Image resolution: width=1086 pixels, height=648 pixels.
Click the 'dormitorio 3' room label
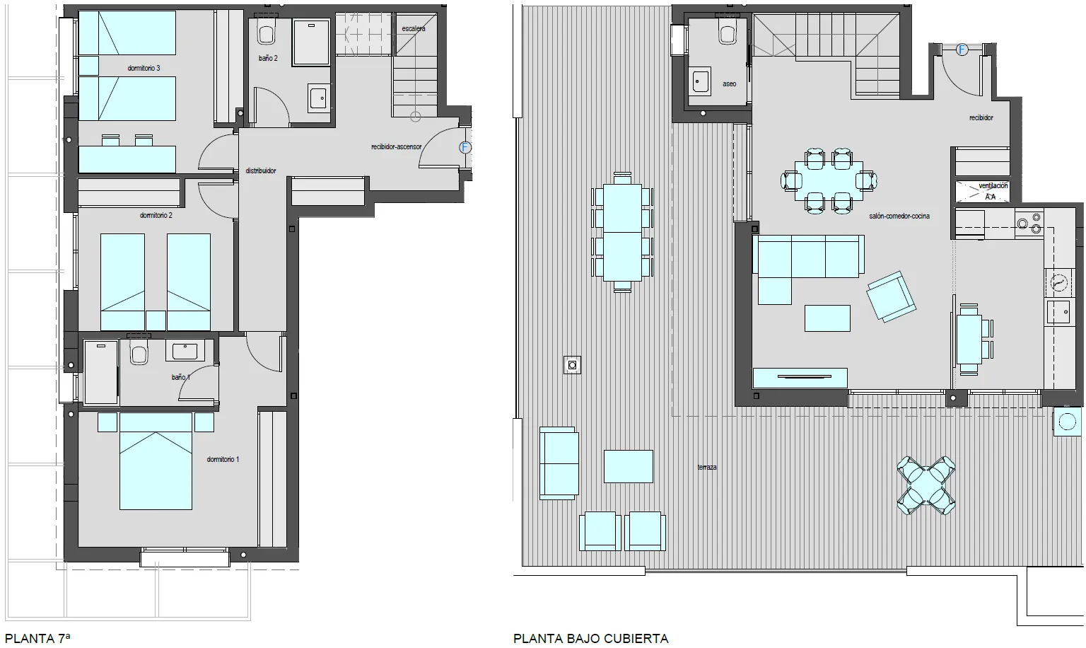pos(144,69)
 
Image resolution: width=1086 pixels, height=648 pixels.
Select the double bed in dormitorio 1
pos(156,461)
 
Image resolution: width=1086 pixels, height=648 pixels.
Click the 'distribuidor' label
pos(261,170)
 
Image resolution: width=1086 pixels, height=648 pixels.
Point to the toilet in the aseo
pos(728,32)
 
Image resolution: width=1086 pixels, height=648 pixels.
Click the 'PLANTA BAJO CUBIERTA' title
pos(590,638)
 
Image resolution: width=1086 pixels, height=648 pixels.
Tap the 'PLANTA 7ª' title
pos(37,638)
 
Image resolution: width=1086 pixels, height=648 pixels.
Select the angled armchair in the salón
pos(891,296)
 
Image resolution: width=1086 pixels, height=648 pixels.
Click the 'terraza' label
pos(707,468)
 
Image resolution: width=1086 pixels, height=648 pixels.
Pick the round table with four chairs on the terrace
pos(926,485)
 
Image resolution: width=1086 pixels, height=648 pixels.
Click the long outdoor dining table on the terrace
pos(622,232)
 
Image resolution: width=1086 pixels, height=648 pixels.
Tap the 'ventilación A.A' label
pos(991,191)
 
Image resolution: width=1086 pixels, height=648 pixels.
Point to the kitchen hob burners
pos(1029,224)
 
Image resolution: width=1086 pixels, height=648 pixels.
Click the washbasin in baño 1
pos(185,350)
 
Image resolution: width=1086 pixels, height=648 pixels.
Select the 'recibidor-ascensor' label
pos(396,147)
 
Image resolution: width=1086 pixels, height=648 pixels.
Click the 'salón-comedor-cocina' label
pos(899,216)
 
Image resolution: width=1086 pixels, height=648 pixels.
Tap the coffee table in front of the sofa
pos(827,318)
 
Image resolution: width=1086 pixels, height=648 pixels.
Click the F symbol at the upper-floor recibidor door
pos(962,50)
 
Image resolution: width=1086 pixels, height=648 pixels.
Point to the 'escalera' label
pos(414,28)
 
